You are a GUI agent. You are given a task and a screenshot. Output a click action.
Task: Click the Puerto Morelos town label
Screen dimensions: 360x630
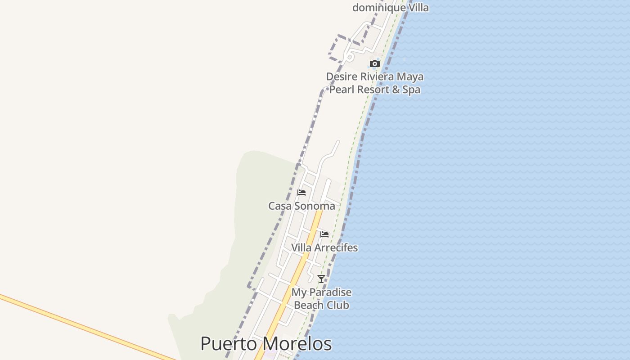(x=266, y=344)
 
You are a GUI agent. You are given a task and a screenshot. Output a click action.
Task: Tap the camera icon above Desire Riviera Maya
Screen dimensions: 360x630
(x=375, y=64)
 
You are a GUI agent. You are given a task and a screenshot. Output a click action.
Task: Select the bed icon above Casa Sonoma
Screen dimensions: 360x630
(x=301, y=193)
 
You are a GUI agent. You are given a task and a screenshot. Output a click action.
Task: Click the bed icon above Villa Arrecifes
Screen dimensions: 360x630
(x=324, y=234)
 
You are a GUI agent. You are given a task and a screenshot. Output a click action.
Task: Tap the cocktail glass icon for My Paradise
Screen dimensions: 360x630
(x=321, y=279)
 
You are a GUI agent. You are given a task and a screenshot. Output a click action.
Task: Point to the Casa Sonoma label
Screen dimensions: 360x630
(x=301, y=206)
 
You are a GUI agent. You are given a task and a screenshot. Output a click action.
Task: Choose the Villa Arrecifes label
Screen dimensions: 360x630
(x=324, y=248)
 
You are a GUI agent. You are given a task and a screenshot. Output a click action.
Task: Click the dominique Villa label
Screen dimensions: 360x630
(x=390, y=8)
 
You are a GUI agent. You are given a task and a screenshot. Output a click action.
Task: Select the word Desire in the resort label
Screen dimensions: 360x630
(x=341, y=77)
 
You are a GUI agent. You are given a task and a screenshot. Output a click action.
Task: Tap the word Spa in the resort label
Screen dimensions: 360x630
(x=411, y=90)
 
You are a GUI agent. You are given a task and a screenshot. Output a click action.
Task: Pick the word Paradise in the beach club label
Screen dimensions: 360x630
(x=331, y=292)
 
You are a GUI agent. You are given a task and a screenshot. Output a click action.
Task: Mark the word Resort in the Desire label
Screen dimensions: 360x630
(x=372, y=90)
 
